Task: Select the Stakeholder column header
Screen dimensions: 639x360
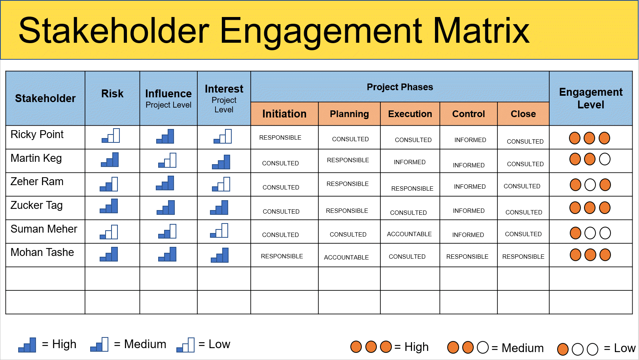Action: [x=45, y=99]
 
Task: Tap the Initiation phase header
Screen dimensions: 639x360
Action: [x=284, y=114]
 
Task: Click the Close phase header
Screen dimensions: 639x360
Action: [x=523, y=114]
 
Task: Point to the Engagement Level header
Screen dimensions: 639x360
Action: [x=591, y=98]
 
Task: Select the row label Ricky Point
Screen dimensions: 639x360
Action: [x=37, y=135]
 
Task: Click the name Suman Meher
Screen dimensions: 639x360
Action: [x=44, y=229]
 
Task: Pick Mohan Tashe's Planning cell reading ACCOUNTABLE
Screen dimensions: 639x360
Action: [x=346, y=258]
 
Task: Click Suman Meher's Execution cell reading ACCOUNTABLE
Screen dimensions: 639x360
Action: [x=409, y=234]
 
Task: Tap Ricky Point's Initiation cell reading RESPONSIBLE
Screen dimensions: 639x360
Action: [x=280, y=138]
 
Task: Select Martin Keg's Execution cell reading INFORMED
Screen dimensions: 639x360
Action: [x=410, y=162]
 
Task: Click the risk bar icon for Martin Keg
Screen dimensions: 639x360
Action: [x=110, y=159]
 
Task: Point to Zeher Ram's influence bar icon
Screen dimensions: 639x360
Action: [x=165, y=183]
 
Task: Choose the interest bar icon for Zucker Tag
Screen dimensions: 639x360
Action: [x=219, y=207]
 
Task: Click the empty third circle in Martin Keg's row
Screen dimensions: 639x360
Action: [x=605, y=159]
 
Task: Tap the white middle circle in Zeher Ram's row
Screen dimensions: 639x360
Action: [x=590, y=185]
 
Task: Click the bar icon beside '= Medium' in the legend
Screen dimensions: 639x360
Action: [x=99, y=345]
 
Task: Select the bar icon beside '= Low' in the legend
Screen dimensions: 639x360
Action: [x=185, y=345]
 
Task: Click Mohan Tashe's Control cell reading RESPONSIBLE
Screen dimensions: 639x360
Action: [x=467, y=257]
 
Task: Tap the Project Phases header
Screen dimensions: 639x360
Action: [x=400, y=87]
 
